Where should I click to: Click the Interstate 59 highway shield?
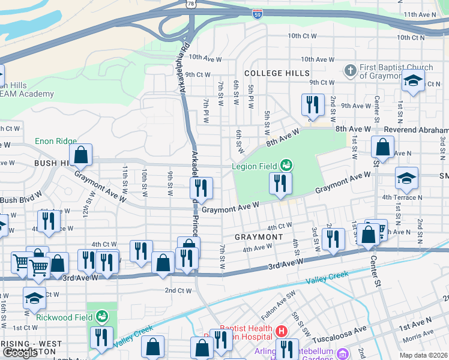257,13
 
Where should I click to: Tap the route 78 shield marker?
190,4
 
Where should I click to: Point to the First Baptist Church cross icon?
350,71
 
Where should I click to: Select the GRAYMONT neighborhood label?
258,237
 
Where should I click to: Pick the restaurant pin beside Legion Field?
280,184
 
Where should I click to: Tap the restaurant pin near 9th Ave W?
312,105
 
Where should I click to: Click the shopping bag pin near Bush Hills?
81,155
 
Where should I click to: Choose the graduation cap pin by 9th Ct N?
413,83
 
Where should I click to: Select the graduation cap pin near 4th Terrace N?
406,178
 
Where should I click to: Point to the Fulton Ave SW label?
280,310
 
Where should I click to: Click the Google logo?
20,353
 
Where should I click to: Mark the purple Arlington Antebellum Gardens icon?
343,353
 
